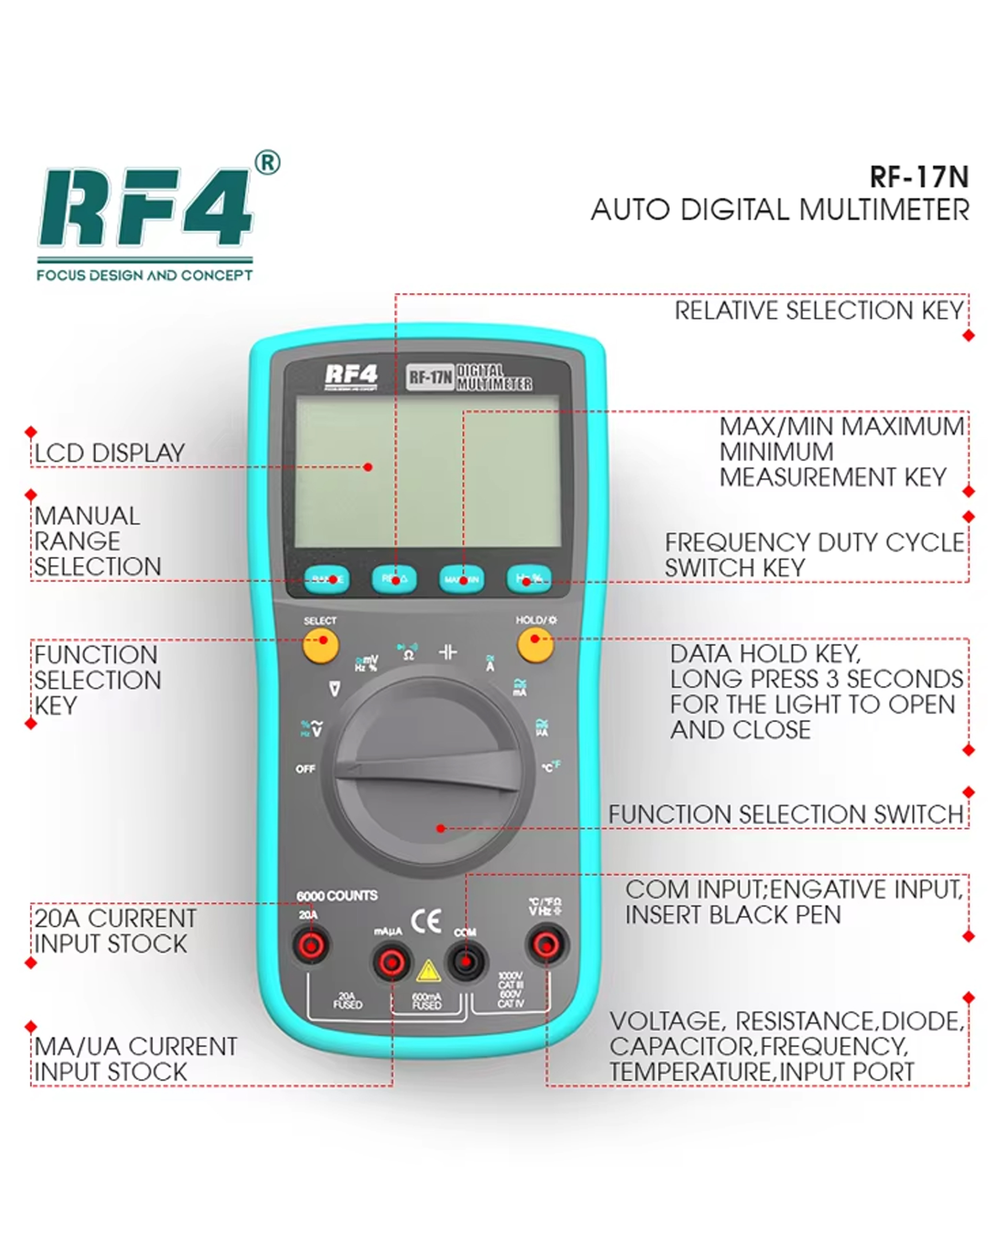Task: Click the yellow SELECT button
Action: [320, 645]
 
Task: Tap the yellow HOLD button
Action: [535, 644]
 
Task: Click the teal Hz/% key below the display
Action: [528, 579]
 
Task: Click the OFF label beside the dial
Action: [305, 769]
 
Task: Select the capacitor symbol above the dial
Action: [448, 653]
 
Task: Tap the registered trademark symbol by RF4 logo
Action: [267, 164]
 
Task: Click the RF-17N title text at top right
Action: [919, 177]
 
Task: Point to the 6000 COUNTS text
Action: [337, 896]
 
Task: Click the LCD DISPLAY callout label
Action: [109, 453]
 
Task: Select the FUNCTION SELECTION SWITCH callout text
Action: [786, 815]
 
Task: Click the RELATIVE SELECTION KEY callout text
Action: [819, 311]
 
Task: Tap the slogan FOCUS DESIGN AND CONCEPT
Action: [144, 275]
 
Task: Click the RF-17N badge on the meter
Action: [430, 378]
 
